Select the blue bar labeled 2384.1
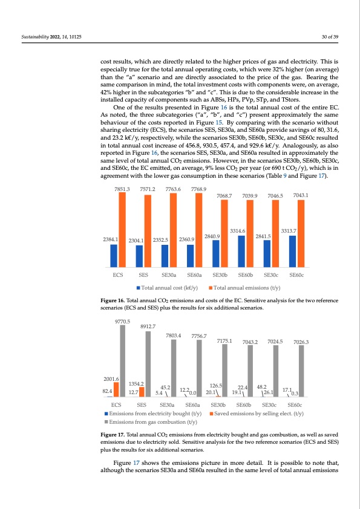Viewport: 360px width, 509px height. pos(114,255)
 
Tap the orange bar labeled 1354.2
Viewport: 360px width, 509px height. pos(142,392)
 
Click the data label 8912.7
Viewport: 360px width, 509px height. pos(148,326)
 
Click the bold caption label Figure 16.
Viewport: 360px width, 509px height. pos(114,300)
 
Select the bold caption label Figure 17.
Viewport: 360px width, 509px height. pos(114,435)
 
